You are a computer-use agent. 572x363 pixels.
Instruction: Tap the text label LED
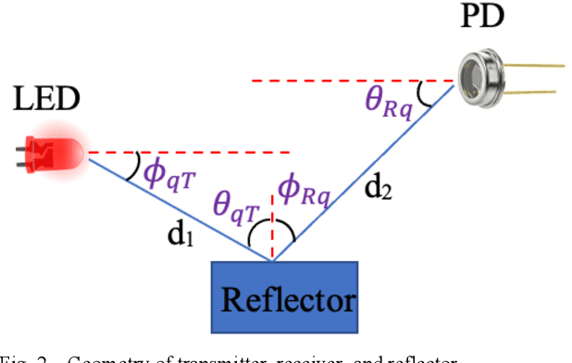(x=45, y=99)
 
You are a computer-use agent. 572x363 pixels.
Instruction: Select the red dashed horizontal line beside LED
(x=204, y=152)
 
